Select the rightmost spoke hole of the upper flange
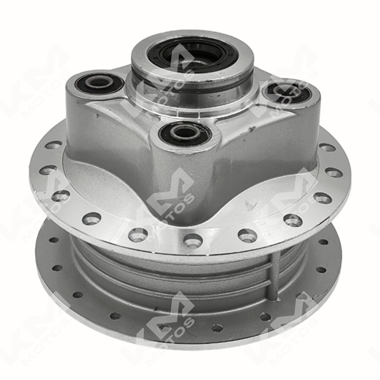click(334, 173)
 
